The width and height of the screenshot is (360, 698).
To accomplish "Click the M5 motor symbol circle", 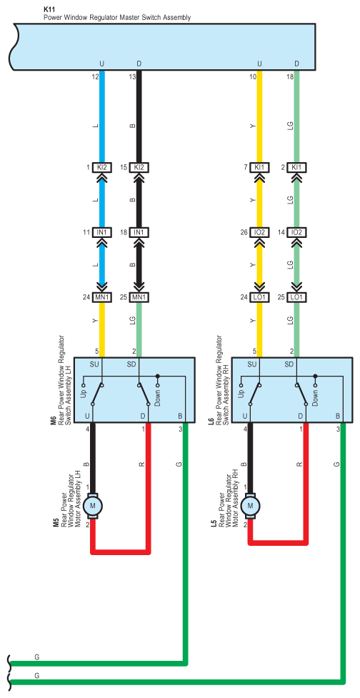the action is point(93,505).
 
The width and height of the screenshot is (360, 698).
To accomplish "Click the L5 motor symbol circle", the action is point(250,505).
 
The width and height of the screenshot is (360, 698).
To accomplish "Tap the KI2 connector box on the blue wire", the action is point(102,168).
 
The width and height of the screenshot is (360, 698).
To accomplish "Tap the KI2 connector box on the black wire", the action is point(139,168).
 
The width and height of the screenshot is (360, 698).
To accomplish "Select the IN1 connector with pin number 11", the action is point(102,232).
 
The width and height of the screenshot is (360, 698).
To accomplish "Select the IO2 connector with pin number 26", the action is point(259,232).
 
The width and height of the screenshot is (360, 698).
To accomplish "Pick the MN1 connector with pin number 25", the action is point(139,297).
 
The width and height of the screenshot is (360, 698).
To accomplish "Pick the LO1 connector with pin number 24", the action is point(259,297).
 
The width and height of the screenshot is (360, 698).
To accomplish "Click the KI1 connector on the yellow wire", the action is point(259,168).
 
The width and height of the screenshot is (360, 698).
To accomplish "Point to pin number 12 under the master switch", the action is point(95,77).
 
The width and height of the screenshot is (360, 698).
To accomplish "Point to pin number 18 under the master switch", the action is point(290,77).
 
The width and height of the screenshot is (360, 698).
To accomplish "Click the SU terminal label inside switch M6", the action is point(94,365).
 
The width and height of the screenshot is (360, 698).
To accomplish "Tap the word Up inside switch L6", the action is point(241,394).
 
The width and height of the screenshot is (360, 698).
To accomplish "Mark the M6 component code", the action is point(54,420).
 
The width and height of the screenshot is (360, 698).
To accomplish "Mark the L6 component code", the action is point(211,420).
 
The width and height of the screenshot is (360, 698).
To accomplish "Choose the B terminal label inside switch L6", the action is point(338,416).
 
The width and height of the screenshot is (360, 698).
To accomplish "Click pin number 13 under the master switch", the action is point(132,77).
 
